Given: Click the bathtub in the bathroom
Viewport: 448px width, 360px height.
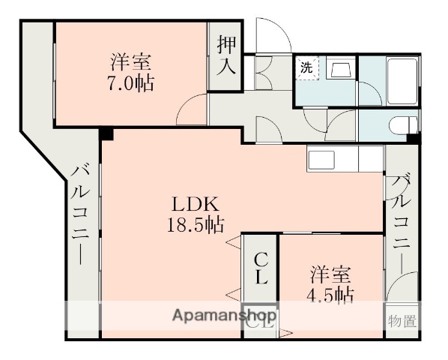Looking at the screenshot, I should (403, 81).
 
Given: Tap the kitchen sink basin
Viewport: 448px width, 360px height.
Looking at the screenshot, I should (324, 160).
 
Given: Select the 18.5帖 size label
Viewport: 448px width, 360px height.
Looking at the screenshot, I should (194, 223).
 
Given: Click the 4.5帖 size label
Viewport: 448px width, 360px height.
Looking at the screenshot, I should (330, 293).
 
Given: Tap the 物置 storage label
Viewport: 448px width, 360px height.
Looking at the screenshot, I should (402, 321).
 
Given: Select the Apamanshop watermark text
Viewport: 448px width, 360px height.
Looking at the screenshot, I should (225, 316).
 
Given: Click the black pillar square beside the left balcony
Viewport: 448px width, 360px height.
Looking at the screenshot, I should (106, 134).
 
